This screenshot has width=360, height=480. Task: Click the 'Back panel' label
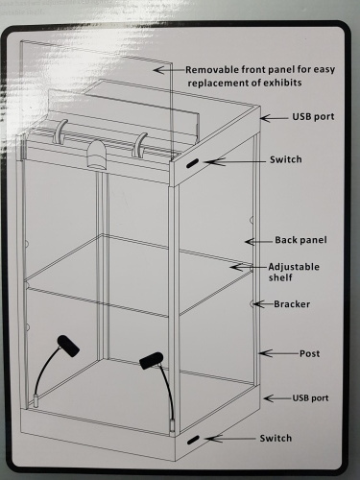click(x=300, y=240)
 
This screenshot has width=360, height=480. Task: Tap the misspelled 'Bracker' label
click(x=292, y=304)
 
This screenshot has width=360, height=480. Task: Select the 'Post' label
click(x=309, y=353)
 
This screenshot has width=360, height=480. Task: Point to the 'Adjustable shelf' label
click(x=294, y=272)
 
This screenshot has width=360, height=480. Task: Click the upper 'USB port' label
click(x=313, y=117)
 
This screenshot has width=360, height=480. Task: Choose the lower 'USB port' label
click(x=310, y=398)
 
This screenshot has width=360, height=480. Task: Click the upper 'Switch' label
click(x=285, y=159)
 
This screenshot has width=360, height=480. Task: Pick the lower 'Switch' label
click(x=276, y=438)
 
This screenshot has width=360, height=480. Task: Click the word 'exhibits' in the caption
click(x=282, y=83)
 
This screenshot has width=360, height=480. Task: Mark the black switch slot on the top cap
click(x=193, y=163)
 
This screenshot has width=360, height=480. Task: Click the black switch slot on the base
click(x=193, y=441)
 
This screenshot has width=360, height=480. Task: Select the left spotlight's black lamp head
click(x=68, y=346)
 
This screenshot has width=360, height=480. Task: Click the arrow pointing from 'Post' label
click(x=278, y=353)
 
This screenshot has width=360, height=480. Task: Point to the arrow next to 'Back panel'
click(x=259, y=242)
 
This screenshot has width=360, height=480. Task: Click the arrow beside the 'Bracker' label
click(x=262, y=303)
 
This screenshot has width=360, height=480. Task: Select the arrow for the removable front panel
click(x=169, y=69)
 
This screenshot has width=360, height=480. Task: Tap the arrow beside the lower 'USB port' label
click(x=277, y=398)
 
